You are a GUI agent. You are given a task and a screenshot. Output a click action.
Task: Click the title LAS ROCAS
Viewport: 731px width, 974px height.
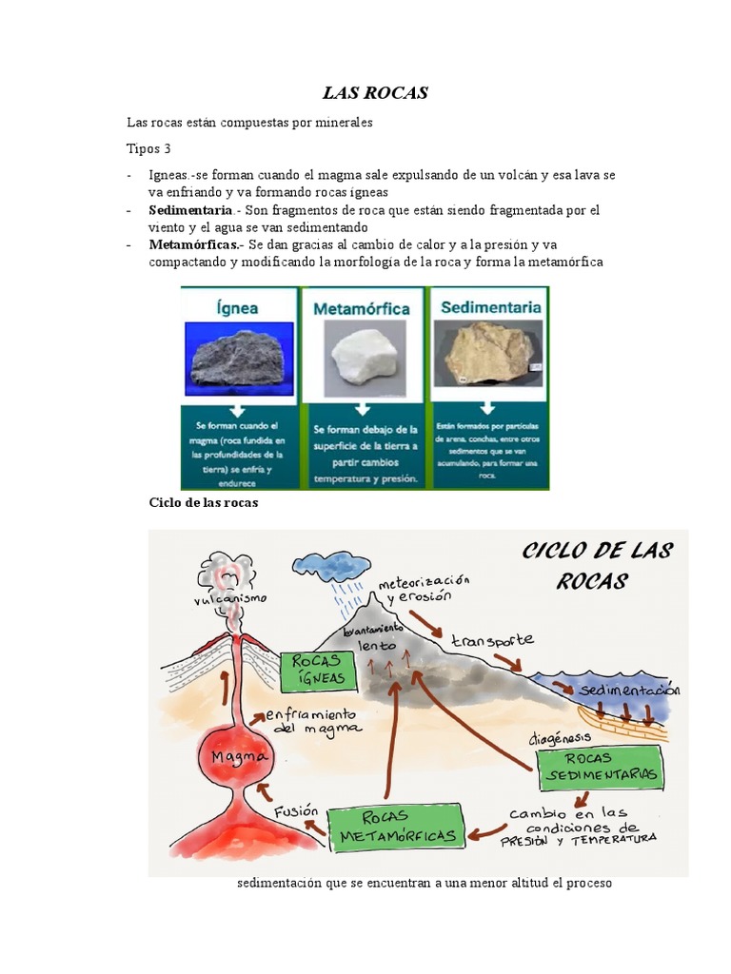(375, 93)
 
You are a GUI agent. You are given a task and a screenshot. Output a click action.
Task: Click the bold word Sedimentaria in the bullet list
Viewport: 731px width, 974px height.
(190, 210)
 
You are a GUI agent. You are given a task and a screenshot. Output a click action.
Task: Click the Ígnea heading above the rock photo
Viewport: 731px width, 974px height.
(236, 308)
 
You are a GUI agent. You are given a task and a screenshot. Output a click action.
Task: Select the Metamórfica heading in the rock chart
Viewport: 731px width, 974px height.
(363, 309)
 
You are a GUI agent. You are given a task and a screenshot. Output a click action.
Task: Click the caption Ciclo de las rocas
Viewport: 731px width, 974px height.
(204, 502)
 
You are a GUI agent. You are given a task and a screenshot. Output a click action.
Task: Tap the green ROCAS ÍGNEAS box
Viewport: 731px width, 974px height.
(320, 672)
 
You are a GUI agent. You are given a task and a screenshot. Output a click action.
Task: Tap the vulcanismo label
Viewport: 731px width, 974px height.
(228, 599)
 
